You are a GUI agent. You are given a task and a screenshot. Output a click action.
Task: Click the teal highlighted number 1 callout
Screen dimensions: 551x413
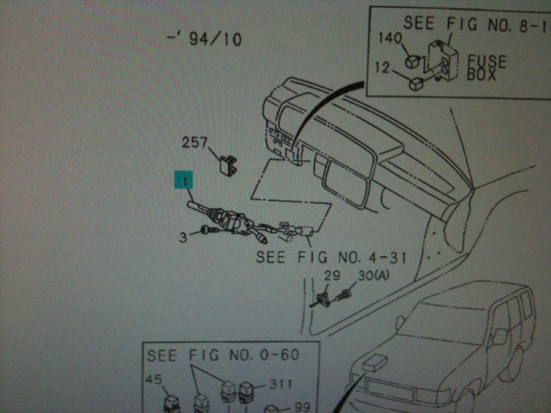pos(184,180)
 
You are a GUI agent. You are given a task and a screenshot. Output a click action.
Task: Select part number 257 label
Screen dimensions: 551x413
pos(195,142)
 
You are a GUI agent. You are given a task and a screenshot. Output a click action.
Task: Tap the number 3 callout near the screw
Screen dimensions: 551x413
pos(183,237)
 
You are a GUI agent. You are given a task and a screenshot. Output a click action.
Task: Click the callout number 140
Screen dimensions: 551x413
pos(390,38)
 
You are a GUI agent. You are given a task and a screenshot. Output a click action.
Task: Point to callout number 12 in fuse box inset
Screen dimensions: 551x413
pos(382,67)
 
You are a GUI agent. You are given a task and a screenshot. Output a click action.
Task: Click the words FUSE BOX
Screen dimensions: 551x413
pos(487,67)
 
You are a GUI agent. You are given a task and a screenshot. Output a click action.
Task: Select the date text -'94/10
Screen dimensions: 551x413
pos(205,39)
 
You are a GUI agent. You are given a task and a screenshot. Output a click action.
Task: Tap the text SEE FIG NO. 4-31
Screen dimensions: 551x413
pos(331,257)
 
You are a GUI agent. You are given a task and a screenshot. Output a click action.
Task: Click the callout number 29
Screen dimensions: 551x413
pos(332,276)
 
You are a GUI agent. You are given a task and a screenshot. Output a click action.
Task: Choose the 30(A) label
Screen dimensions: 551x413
pos(373,276)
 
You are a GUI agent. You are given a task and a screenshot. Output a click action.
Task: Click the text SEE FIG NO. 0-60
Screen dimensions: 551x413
pos(223,355)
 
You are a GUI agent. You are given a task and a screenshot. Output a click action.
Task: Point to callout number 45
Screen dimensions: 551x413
pos(154,379)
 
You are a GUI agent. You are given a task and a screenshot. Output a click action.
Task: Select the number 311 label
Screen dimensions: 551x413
pos(281,384)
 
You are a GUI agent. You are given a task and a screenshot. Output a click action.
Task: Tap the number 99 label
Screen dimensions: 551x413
pos(302,407)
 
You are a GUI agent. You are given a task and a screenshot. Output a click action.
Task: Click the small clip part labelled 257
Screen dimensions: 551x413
pos(229,165)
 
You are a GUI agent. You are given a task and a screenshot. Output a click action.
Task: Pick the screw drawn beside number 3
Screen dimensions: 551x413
pos(209,231)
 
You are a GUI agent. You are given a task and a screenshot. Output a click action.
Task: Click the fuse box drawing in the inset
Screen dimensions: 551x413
pos(443,60)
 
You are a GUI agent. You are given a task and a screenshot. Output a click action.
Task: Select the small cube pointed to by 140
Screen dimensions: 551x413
pos(413,62)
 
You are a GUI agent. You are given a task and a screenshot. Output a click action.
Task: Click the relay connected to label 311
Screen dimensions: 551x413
pos(247,392)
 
